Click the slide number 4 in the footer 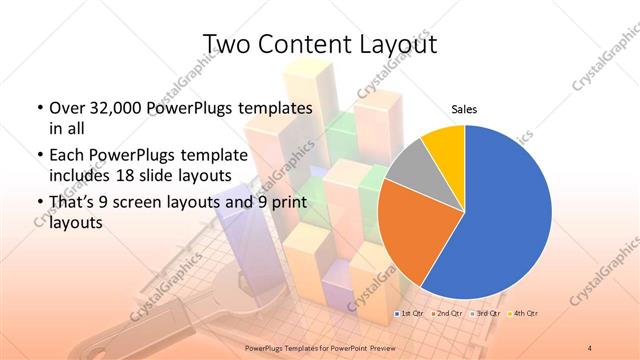click(590, 348)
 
